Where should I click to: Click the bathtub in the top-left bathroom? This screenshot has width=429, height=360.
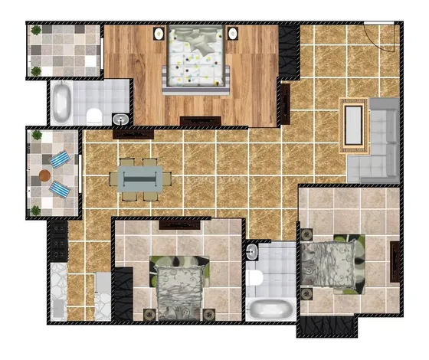(x=61, y=103)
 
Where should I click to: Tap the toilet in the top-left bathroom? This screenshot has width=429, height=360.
(x=94, y=116)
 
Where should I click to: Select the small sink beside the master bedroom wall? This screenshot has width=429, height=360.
(x=120, y=119)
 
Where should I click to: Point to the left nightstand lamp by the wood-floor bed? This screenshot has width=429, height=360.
(x=159, y=33)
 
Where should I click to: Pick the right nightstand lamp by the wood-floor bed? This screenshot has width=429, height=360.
(x=231, y=33)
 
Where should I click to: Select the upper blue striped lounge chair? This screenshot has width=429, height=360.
(x=61, y=160)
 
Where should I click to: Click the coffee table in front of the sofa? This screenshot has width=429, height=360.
(x=353, y=123)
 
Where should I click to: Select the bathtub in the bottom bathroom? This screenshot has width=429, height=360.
(x=269, y=309)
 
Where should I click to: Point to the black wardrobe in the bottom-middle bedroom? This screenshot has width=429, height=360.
(x=123, y=295)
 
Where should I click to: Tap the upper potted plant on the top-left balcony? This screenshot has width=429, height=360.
(x=36, y=31)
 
